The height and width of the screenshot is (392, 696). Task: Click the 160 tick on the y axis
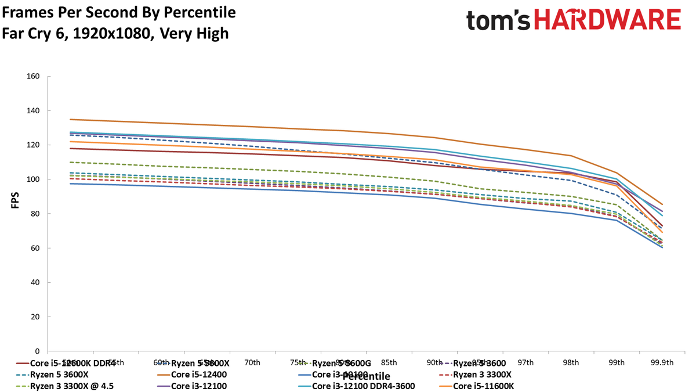point(32,76)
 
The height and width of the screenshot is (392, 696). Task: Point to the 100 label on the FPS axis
point(32,179)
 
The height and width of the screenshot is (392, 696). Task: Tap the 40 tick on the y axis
point(34,283)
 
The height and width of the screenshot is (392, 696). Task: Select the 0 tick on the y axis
point(37,351)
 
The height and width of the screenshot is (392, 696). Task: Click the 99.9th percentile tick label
point(662,362)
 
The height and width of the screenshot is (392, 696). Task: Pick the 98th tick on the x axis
point(571,362)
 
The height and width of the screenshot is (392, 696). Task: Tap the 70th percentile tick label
point(252,362)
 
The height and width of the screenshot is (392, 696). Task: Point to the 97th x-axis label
point(525,362)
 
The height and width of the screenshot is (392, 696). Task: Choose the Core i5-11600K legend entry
point(484,386)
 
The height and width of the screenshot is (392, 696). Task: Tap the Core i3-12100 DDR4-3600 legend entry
point(363,386)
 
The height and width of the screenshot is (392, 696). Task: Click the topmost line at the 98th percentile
point(571,156)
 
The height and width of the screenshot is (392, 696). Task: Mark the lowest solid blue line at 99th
point(616,220)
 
